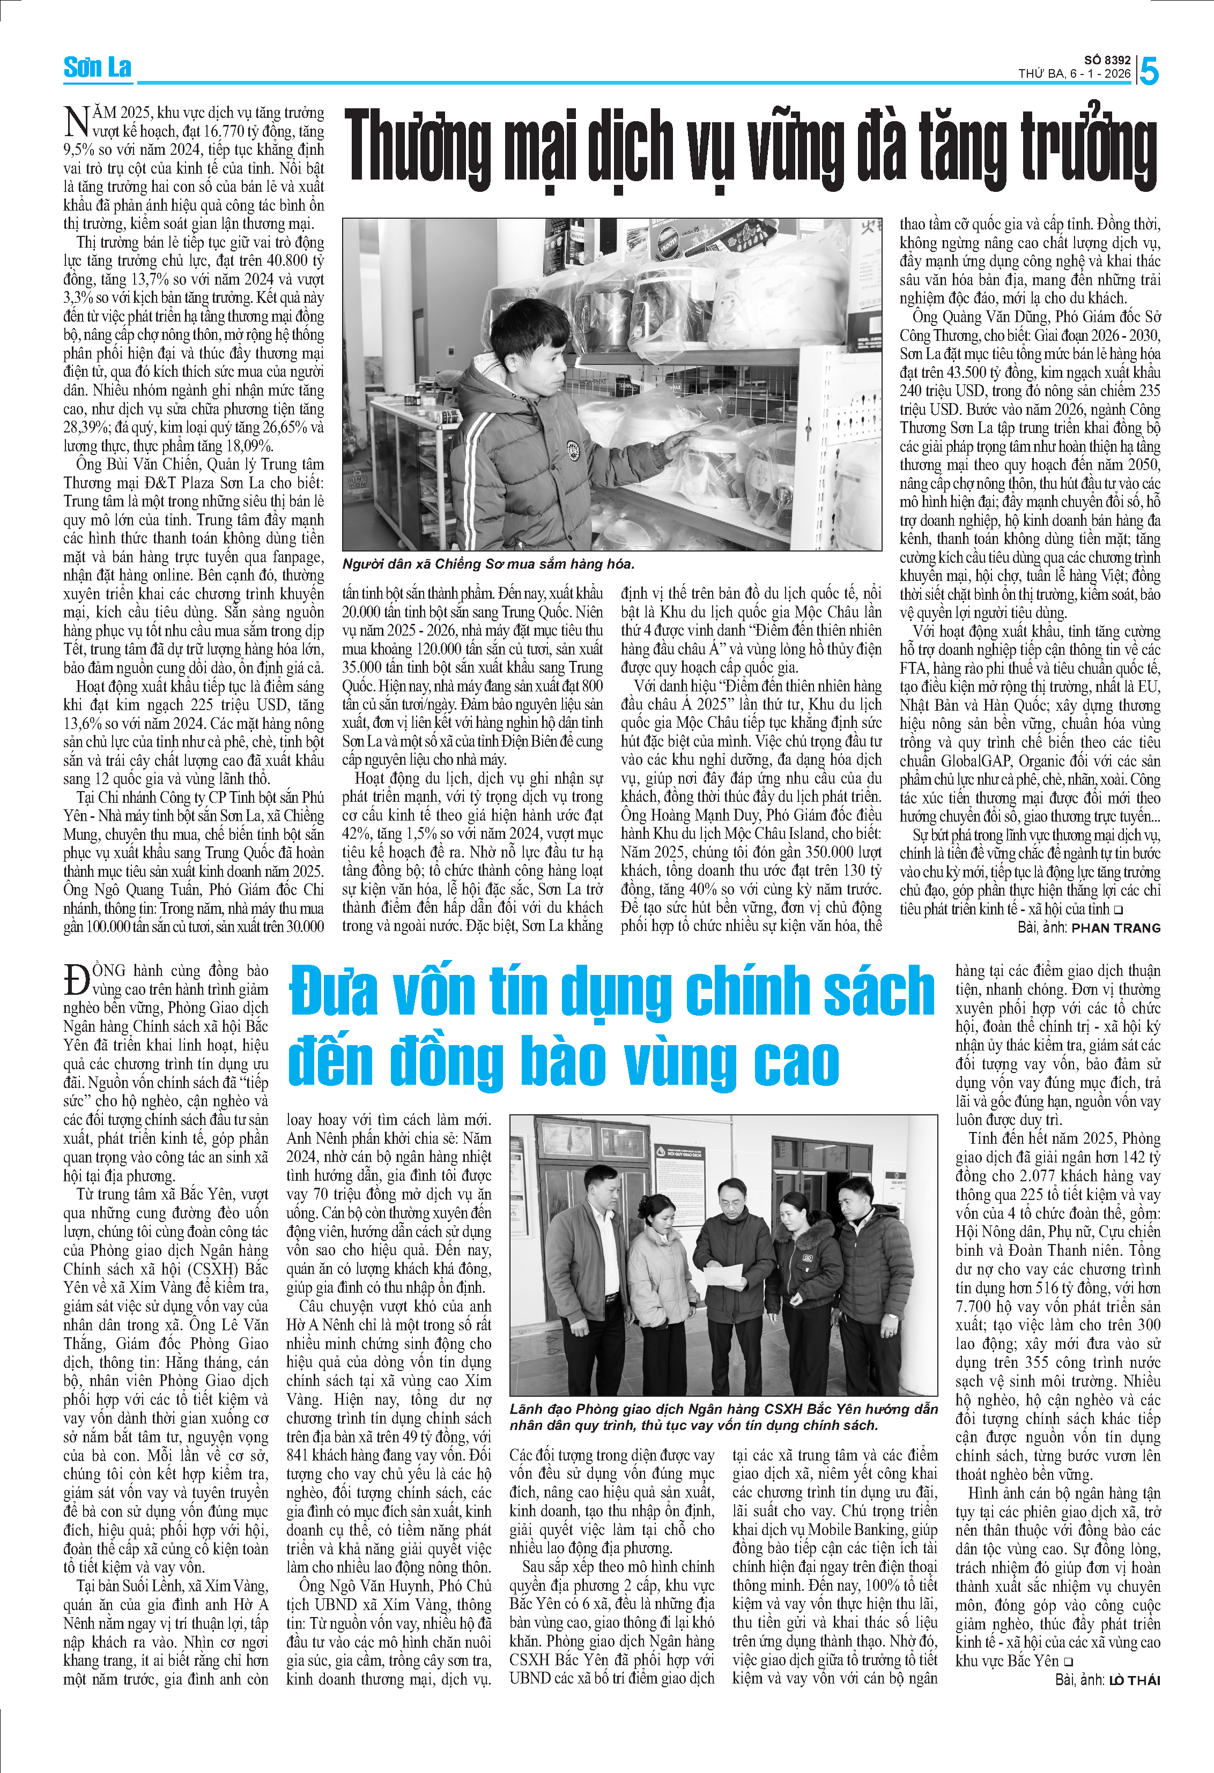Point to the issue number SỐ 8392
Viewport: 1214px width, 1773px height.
tap(1107, 60)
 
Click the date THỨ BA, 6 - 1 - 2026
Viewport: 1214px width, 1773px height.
tap(1075, 74)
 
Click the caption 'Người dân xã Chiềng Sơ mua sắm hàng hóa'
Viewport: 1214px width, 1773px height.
tap(488, 564)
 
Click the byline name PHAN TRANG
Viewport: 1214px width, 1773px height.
tap(1115, 928)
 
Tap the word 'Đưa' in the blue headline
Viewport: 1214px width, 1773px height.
tap(334, 992)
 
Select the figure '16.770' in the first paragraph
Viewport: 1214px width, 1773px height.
tap(225, 131)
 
